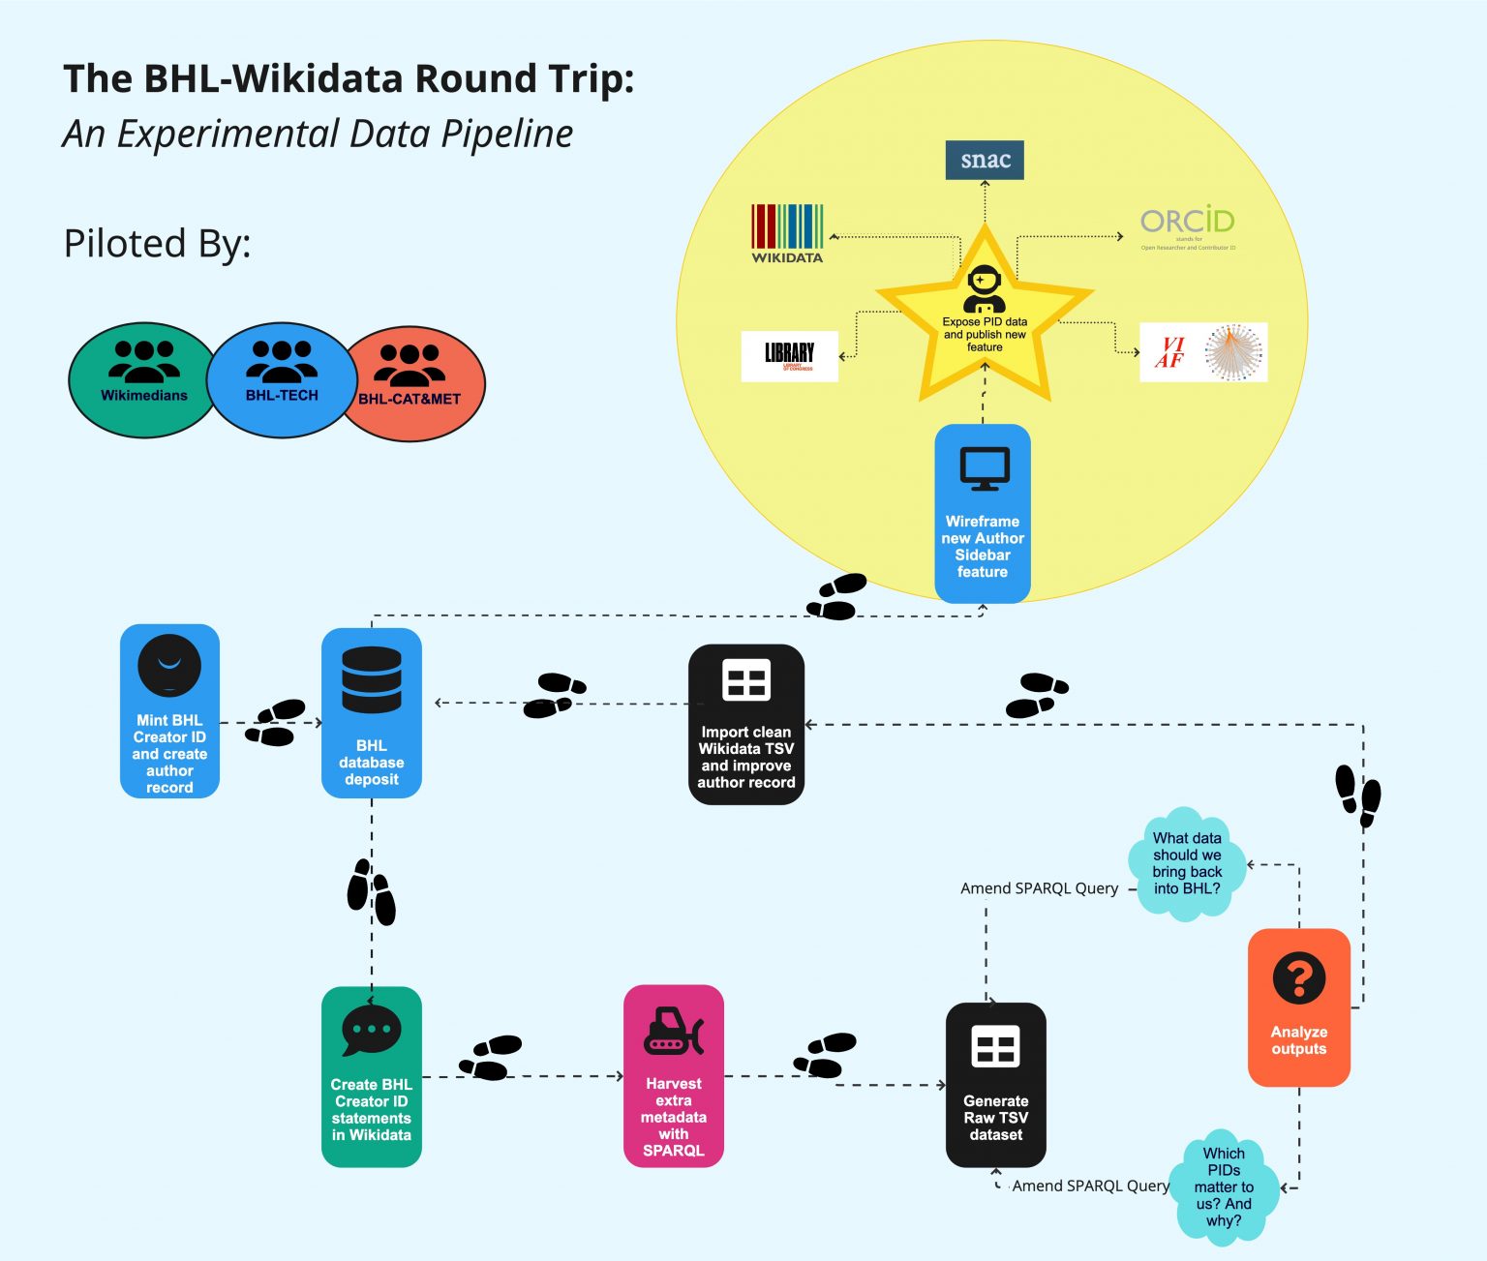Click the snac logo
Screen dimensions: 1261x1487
coord(985,160)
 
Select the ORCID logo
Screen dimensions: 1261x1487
coord(1187,227)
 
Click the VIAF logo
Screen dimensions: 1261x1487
coord(1203,352)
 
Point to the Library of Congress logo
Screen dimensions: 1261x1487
coord(789,355)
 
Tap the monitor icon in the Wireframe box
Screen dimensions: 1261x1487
coord(984,469)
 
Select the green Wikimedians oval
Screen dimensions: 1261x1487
coord(143,379)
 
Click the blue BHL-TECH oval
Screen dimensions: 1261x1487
coord(282,378)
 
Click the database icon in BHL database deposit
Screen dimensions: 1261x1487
coord(371,678)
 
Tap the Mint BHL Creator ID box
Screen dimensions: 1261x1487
coord(169,711)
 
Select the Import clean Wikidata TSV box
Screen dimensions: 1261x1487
coord(745,724)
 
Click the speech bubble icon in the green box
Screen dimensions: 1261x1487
coord(371,1030)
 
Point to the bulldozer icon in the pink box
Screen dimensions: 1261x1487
coord(674,1032)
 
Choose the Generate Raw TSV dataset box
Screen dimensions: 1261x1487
coord(995,1085)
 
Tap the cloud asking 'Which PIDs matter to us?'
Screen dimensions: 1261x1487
coord(1224,1186)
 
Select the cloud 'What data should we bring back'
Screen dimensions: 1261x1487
coord(1187,862)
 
